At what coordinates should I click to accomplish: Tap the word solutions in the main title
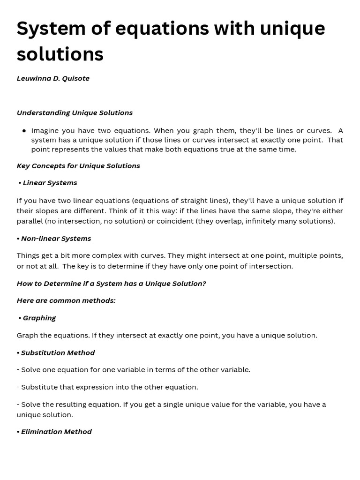[x=60, y=54]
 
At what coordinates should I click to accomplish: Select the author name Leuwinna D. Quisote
[x=53, y=78]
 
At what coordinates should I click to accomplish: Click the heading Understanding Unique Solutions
[x=75, y=112]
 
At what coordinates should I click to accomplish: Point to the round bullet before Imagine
[x=24, y=131]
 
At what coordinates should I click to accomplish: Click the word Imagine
[x=45, y=131]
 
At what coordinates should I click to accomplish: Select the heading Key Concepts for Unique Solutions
[x=78, y=165]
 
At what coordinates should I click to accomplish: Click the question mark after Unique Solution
[x=204, y=283]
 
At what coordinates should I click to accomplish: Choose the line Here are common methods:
[x=66, y=300]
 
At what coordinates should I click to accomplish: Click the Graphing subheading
[x=39, y=318]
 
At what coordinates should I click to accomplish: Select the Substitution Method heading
[x=58, y=352]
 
